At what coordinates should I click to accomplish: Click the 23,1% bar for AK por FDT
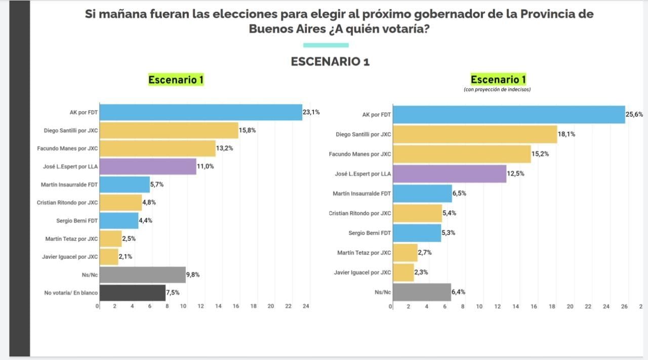(200, 112)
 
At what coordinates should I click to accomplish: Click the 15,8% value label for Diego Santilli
(247, 130)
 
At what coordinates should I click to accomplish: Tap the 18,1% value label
(566, 134)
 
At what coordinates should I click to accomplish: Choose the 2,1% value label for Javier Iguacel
(126, 257)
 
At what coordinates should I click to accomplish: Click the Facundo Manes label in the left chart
(67, 148)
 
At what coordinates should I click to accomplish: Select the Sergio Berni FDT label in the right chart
(370, 233)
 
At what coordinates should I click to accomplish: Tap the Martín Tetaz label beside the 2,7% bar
(364, 253)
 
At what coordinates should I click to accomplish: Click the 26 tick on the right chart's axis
(624, 306)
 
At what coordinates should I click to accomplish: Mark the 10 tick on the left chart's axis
(183, 306)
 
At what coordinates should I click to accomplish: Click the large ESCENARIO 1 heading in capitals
(330, 62)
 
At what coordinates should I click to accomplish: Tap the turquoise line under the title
(326, 45)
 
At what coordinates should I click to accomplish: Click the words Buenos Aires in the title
(280, 29)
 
